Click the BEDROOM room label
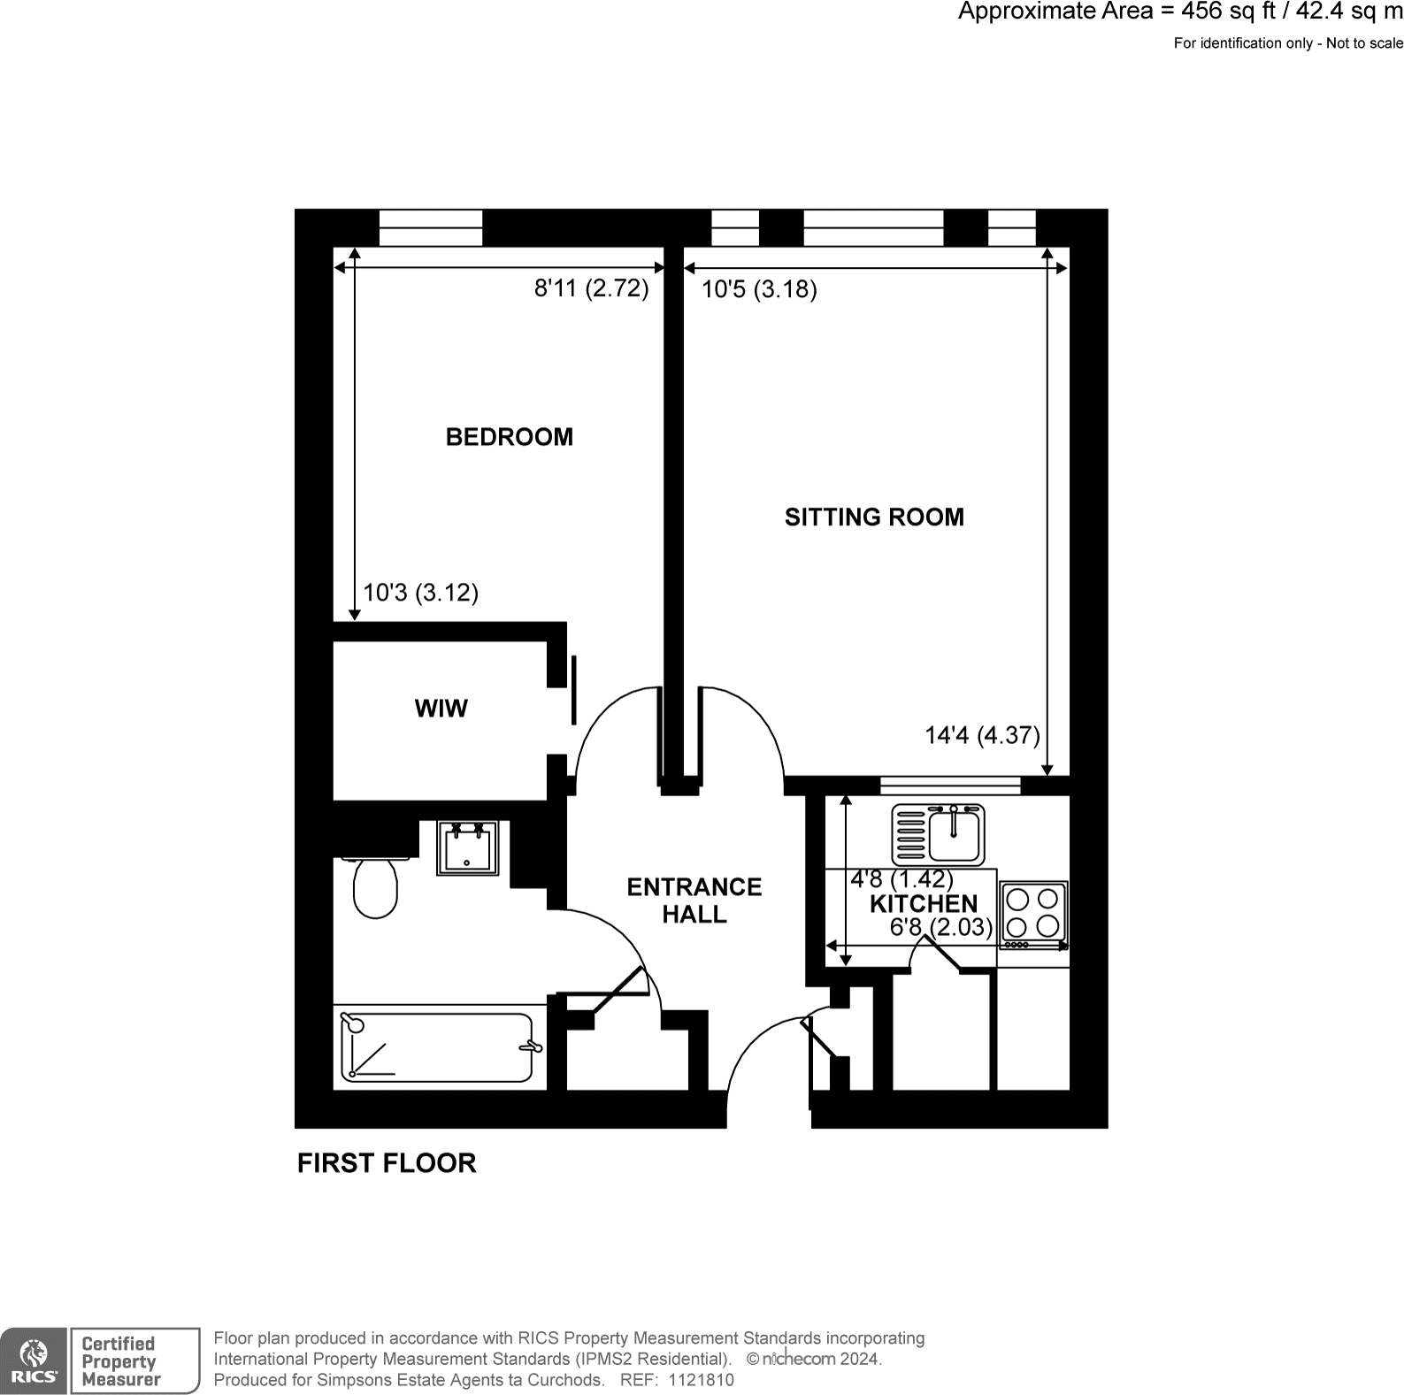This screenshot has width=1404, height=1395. point(509,437)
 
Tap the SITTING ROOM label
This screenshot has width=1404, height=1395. point(874,517)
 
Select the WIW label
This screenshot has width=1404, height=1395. point(441,709)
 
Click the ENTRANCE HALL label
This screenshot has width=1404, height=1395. point(694,901)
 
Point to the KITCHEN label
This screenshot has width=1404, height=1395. point(924,904)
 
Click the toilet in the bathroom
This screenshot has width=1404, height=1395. point(375,886)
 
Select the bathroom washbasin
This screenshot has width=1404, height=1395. point(467,848)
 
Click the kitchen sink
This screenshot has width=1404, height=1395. point(938,833)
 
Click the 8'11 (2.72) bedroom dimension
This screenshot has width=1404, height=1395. point(591,288)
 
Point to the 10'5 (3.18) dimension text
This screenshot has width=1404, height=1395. point(759,289)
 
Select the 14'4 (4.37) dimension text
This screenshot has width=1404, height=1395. point(982,735)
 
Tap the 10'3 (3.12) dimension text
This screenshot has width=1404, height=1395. point(421,592)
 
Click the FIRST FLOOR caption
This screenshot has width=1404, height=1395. point(387,1163)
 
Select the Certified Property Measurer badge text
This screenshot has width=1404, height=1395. point(121,1361)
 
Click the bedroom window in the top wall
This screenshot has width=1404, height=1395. point(431,228)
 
